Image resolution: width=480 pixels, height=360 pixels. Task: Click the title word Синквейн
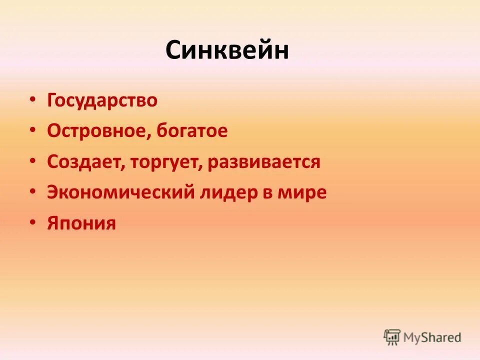click(x=227, y=51)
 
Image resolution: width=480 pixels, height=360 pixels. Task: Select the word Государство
click(x=102, y=101)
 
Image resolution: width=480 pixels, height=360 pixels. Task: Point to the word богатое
click(x=192, y=131)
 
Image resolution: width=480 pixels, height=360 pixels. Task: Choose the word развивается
click(x=262, y=162)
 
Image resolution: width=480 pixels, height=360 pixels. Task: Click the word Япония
click(x=81, y=223)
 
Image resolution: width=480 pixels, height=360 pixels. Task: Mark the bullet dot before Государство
click(x=32, y=99)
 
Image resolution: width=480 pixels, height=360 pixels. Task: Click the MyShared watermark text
click(x=432, y=337)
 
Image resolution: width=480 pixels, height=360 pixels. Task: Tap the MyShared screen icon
click(x=392, y=337)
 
